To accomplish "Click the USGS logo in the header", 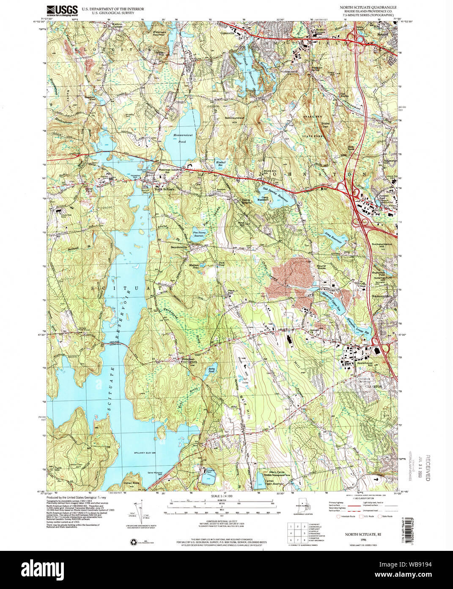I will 62,9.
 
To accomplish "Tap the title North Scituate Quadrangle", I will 372,8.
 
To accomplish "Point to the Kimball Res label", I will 219,165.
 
